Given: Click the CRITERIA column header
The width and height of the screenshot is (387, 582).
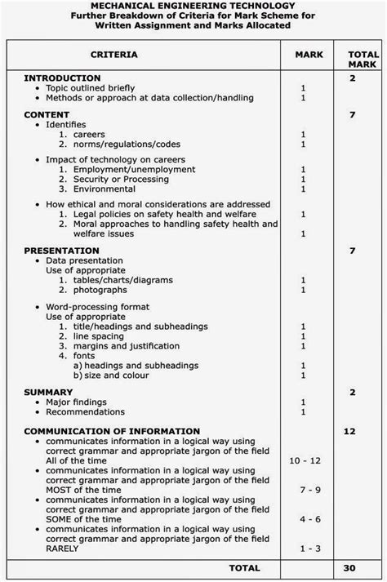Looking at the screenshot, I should click(x=113, y=55).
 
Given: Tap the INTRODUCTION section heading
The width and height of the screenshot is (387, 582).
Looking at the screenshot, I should click(x=64, y=78).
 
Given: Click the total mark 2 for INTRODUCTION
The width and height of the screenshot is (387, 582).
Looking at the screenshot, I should click(x=352, y=78).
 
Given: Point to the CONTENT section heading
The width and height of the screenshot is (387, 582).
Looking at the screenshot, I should click(x=47, y=115).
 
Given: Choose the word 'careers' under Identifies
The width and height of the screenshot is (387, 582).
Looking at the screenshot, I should click(x=89, y=134).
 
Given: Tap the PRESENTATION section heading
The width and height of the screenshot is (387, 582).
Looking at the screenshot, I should click(x=62, y=251).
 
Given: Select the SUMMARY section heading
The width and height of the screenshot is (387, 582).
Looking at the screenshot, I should click(x=49, y=393).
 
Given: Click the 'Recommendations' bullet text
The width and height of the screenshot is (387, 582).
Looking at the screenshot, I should click(x=86, y=411).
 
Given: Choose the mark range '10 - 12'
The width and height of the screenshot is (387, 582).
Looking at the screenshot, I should click(x=304, y=460).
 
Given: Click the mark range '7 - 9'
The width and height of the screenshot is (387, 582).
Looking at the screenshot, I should click(x=304, y=489).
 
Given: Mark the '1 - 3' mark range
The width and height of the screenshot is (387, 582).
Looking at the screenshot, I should click(x=304, y=548).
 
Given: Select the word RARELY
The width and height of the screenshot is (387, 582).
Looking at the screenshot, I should click(x=62, y=548).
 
